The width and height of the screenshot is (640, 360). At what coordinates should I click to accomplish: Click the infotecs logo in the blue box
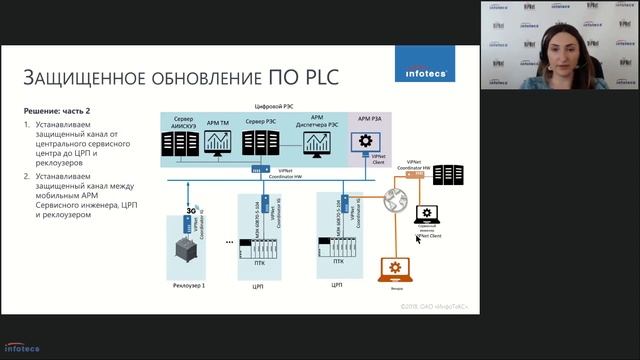pos(425,72)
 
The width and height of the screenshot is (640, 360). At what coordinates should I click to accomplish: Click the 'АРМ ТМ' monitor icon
pos(217,142)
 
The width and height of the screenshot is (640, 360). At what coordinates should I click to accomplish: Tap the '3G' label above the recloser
pos(189,211)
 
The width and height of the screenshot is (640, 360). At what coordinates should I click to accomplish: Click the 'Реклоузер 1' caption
pos(188,286)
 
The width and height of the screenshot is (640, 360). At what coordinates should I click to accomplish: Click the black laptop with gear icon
pos(429,214)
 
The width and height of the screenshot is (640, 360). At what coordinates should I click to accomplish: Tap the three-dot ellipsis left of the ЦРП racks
pos(231,244)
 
